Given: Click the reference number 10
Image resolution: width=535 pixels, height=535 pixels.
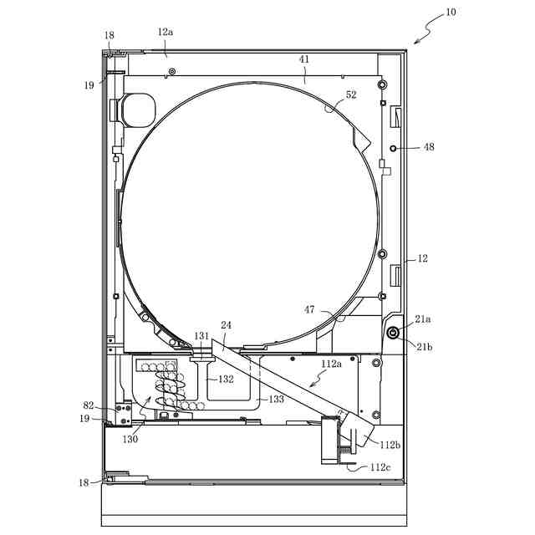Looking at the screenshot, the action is (451, 13).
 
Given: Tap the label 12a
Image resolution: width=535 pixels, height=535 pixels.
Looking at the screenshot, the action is (166, 32).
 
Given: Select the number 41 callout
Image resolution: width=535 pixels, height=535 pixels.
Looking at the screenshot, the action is (304, 59).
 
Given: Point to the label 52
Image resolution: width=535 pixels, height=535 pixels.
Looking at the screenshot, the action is (351, 94).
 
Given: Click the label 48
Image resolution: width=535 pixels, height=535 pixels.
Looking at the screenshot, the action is (429, 147).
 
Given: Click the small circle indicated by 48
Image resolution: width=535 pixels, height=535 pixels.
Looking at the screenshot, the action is (393, 149).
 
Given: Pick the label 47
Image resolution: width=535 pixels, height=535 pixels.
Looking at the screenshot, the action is (309, 310).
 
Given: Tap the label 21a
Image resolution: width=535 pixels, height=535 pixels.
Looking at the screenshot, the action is (422, 319).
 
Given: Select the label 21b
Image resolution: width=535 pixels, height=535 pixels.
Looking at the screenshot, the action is (424, 347).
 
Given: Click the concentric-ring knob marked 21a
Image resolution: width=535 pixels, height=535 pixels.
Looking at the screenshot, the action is (393, 333).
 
